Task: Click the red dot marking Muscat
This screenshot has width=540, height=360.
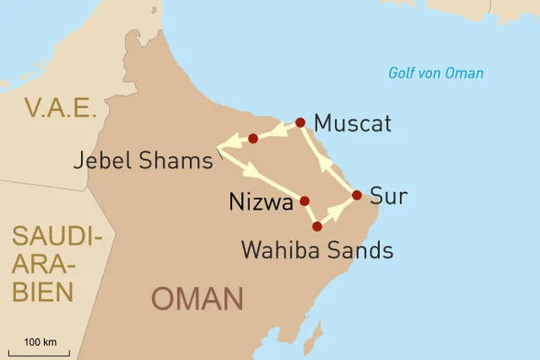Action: coord(301,121)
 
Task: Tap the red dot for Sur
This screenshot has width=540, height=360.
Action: coord(356,195)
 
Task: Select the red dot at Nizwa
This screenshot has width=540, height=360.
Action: coord(304,202)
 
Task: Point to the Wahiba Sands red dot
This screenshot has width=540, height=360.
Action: coord(317,226)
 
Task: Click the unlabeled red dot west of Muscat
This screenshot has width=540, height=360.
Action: coord(253,139)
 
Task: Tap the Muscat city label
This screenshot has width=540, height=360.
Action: coord(354,124)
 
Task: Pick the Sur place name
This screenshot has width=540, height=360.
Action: coord(389,196)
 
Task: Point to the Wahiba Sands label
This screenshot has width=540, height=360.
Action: coord(317,251)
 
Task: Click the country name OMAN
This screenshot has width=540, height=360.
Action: coord(197,299)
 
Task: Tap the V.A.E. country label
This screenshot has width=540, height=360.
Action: coord(60,109)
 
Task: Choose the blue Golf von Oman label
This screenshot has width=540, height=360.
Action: coord(436,74)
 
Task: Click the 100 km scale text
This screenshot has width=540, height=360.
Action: coord(40,342)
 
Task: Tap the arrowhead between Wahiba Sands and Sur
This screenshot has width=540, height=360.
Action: coord(337,209)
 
